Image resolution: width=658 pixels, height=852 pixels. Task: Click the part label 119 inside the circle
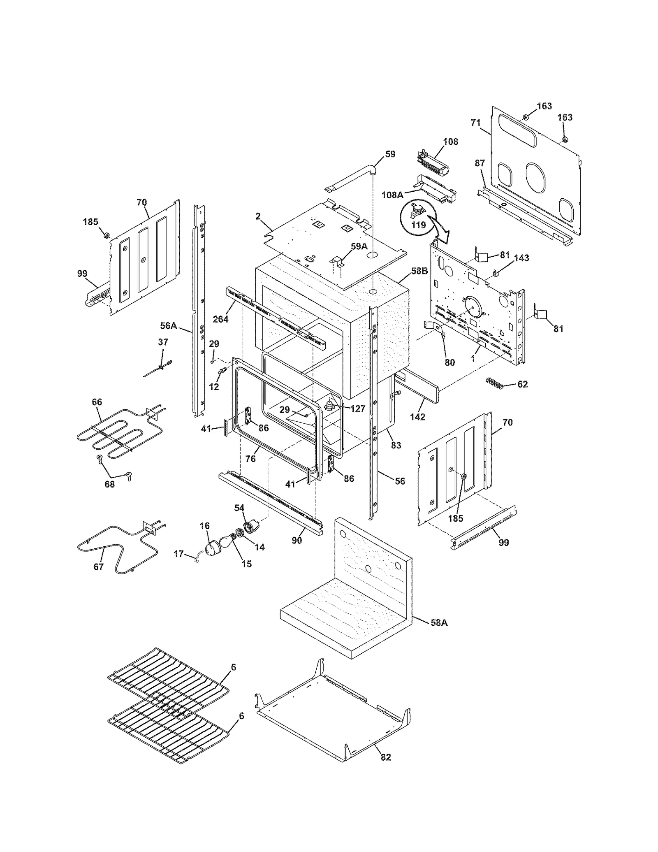(418, 225)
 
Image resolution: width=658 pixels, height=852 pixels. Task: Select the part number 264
(220, 318)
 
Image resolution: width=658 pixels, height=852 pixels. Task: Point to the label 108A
(392, 195)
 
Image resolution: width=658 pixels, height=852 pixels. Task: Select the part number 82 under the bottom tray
(386, 757)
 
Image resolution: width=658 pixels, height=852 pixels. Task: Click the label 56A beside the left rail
(169, 326)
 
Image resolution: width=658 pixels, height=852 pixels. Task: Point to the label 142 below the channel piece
(417, 417)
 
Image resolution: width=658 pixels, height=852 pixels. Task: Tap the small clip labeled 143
(496, 272)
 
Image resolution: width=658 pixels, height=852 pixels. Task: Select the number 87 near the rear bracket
(480, 163)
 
